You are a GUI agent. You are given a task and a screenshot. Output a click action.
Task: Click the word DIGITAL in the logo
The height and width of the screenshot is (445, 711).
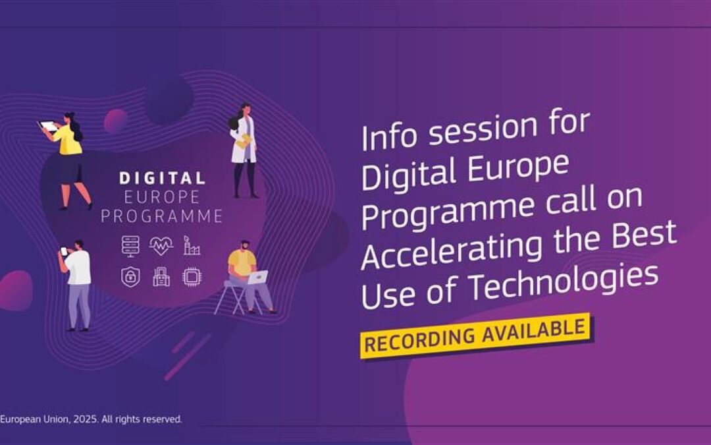pos(162,178)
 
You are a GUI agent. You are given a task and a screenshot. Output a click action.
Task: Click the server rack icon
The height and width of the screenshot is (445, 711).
pos(131,246)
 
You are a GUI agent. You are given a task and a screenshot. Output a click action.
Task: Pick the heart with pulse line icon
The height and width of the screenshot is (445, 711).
pos(161,247)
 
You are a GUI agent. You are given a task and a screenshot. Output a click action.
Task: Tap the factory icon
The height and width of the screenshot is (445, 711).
pos(191,247)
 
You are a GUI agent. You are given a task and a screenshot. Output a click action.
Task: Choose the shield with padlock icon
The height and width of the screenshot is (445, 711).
pos(130,276)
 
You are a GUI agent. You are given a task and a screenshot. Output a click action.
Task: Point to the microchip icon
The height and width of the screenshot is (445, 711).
pos(192,277)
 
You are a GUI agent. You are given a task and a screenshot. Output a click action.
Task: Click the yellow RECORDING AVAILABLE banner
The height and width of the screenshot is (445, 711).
pos(475,336)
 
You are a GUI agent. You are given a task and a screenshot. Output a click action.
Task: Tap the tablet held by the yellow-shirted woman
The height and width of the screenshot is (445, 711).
pos(49,125)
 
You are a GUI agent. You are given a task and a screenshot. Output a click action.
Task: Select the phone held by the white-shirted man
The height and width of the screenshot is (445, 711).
pos(64,251)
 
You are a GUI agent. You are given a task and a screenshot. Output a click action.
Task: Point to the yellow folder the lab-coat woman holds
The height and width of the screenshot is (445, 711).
pos(244,140)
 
